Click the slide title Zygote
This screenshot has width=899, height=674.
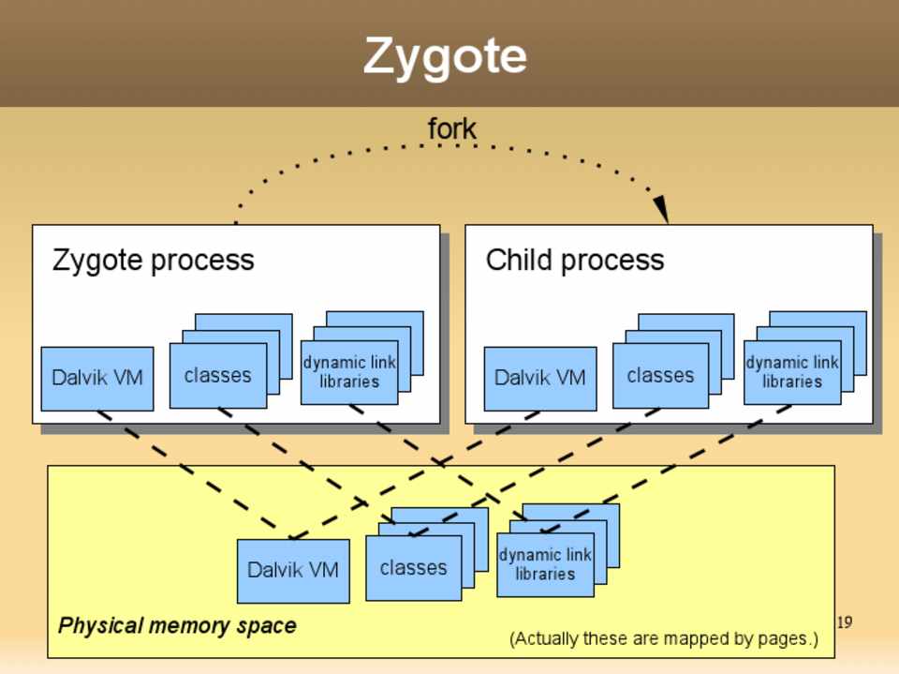pyautogui.click(x=445, y=56)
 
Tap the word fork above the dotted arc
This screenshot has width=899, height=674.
pyautogui.click(x=451, y=128)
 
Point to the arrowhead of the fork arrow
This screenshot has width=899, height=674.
pyautogui.click(x=661, y=210)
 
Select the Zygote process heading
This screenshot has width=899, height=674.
pyautogui.click(x=153, y=260)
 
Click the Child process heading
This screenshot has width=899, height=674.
pyautogui.click(x=574, y=260)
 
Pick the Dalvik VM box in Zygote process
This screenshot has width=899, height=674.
pyautogui.click(x=97, y=378)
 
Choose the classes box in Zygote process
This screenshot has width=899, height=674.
pyautogui.click(x=217, y=376)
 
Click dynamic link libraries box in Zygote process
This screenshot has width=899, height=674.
pyautogui.click(x=348, y=372)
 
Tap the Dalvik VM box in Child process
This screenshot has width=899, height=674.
pyautogui.click(x=540, y=378)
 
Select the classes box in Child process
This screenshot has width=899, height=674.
pyautogui.click(x=660, y=376)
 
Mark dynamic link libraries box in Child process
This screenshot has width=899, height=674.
pyautogui.click(x=791, y=372)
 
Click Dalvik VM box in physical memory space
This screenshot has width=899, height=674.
pyautogui.click(x=293, y=570)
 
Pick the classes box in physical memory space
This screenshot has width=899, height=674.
pyautogui.click(x=413, y=568)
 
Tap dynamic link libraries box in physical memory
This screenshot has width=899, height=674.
pyautogui.click(x=544, y=564)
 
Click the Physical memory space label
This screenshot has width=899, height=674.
pyautogui.click(x=177, y=625)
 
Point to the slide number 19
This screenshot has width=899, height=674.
pyautogui.click(x=844, y=622)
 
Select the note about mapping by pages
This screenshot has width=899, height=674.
pyautogui.click(x=663, y=639)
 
